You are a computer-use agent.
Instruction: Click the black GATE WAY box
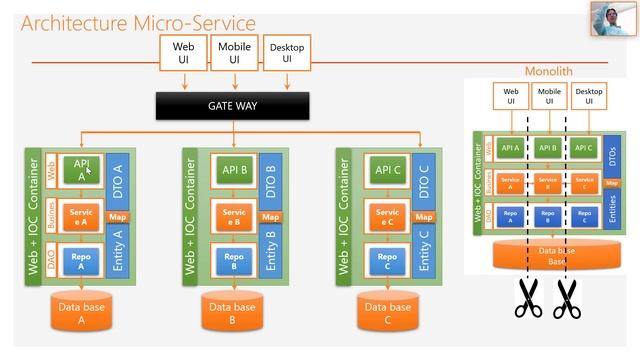tap(233, 104)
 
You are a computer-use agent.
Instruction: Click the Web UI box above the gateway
tap(183, 52)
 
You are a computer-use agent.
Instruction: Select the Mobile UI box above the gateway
tap(234, 52)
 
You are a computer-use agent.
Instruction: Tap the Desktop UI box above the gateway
tap(286, 52)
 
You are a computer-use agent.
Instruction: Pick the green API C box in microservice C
tap(386, 169)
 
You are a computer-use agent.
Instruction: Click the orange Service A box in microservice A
tap(81, 217)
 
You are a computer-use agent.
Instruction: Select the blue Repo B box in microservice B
tap(234, 262)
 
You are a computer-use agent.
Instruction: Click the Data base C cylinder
tap(386, 314)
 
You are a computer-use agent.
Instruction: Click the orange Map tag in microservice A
tap(116, 216)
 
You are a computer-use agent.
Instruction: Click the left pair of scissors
tap(527, 298)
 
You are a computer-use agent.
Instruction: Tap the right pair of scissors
tap(568, 298)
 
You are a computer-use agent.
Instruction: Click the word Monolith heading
tap(549, 72)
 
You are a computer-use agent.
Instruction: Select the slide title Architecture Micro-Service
tap(138, 22)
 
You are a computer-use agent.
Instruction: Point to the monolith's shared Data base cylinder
tap(547, 256)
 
